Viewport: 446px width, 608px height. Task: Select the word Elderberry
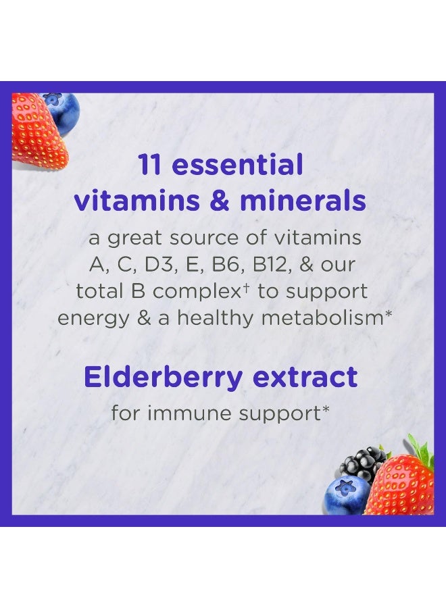pyautogui.click(x=160, y=378)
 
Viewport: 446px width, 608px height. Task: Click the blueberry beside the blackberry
pyautogui.click(x=346, y=495)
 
